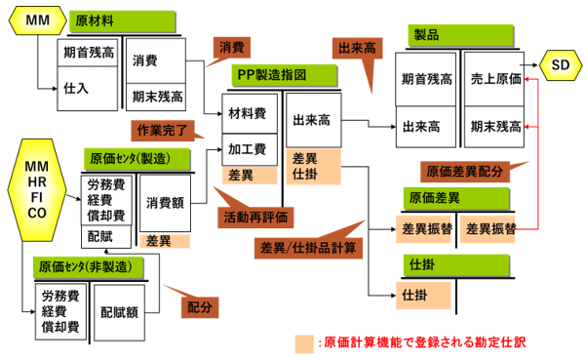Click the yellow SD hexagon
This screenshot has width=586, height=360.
pos(561,65)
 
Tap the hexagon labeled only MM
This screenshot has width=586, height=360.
pos(37,20)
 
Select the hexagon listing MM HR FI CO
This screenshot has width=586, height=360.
pos(37,190)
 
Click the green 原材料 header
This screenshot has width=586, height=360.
pos(122,21)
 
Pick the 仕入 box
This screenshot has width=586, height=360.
pos(88,89)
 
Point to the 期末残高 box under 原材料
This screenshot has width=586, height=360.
pos(156,98)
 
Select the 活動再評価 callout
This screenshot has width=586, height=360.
pos(255,216)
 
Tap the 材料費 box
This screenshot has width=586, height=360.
pos(250,113)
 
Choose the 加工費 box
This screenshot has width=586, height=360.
pos(250,150)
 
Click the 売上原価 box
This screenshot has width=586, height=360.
pos(494,79)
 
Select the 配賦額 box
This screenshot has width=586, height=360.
pos(119,312)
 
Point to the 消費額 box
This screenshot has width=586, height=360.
pos(165,203)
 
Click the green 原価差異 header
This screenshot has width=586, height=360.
pos(456,198)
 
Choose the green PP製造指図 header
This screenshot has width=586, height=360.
pos(285,75)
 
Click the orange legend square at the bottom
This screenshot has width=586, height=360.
pos(304,343)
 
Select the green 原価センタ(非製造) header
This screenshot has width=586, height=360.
pos(88,267)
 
